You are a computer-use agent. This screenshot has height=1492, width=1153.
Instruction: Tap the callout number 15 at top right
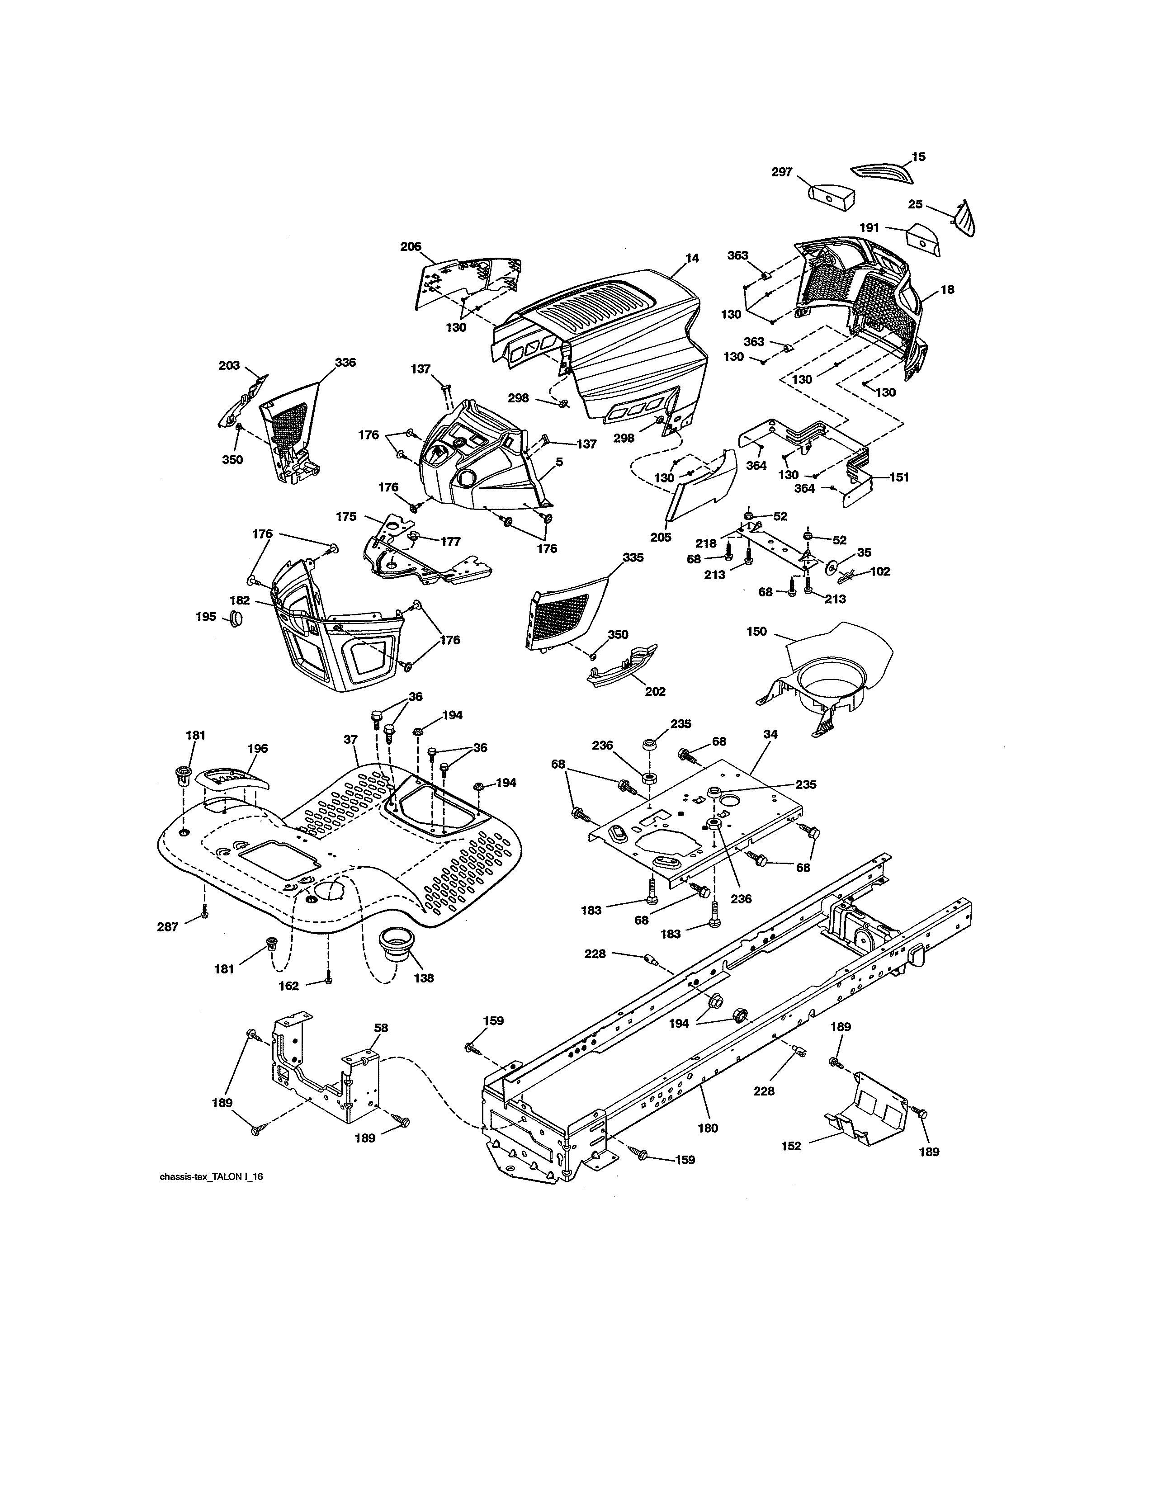point(919,157)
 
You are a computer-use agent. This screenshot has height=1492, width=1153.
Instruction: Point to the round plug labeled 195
point(236,619)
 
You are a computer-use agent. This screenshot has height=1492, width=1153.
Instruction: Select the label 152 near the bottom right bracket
point(790,1146)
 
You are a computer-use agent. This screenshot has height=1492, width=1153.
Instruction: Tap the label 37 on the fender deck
point(350,739)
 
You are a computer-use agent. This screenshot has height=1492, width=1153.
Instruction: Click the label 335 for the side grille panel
point(633,557)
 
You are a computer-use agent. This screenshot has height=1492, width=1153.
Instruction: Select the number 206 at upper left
point(411,246)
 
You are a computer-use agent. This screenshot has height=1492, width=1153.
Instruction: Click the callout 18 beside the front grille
point(947,290)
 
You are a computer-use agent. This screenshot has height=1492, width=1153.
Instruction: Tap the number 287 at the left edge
point(167,927)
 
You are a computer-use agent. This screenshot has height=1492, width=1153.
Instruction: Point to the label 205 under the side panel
point(661,537)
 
